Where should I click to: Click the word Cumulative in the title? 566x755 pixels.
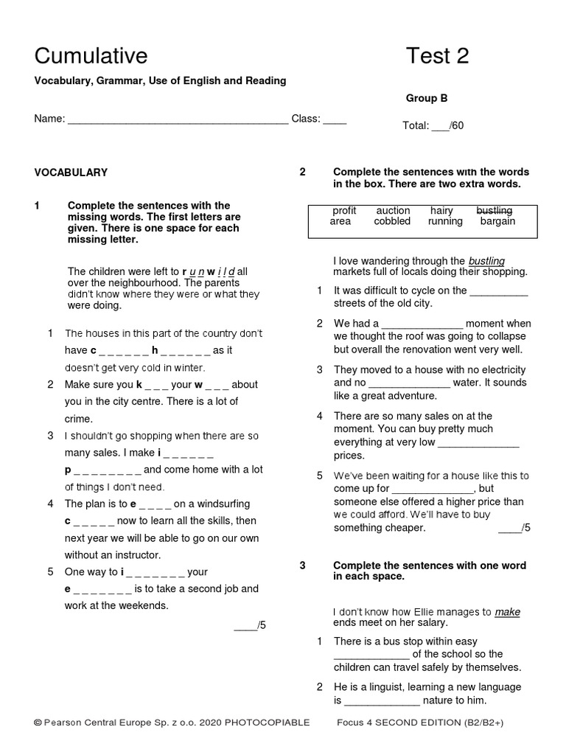click(91, 56)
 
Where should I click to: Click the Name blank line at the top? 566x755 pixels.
click(178, 120)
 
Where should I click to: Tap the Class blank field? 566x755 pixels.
click(335, 120)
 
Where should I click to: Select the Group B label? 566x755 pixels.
click(427, 98)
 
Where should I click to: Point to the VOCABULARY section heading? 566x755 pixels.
click(71, 173)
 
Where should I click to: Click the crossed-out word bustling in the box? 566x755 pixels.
click(495, 211)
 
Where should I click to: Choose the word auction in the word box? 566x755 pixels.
click(393, 211)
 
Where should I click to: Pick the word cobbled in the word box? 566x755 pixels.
click(393, 221)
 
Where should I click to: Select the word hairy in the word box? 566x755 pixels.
click(441, 211)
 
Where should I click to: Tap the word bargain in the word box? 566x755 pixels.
click(497, 221)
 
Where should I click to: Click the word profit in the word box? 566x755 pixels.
click(344, 211)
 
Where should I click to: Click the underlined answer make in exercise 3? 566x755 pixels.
click(508, 611)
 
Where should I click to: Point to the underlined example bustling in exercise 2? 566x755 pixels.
click(486, 261)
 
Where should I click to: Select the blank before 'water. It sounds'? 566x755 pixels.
click(408, 383)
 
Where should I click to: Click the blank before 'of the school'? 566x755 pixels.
click(371, 655)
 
